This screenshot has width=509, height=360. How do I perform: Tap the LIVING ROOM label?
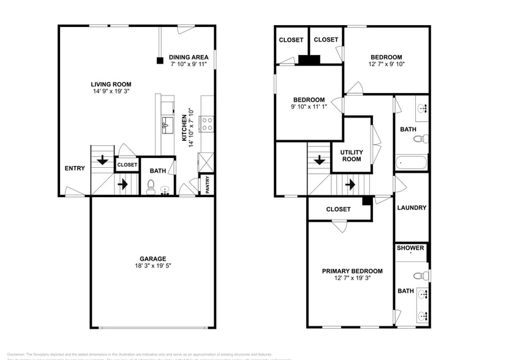coord(111,84)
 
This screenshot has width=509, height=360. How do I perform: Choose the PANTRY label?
coord(208,185)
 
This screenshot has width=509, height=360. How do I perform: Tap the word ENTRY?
coord(75,169)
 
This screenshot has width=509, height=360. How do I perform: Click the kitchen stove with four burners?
coord(206,124)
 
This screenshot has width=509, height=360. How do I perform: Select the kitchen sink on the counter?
coord(166,127)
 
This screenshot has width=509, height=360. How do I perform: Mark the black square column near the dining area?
coord(159,61)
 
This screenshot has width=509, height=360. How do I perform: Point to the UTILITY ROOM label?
coord(352,156)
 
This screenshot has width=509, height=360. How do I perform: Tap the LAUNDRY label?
coord(412,208)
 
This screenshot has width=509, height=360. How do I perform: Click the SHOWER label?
coord(410,248)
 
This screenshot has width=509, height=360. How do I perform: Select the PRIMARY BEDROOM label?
coord(353,271)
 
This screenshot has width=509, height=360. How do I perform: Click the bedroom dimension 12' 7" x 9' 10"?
coord(386,64)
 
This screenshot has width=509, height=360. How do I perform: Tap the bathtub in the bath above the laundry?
coord(411,162)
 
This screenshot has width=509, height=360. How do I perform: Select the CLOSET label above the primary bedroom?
coord(338,209)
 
